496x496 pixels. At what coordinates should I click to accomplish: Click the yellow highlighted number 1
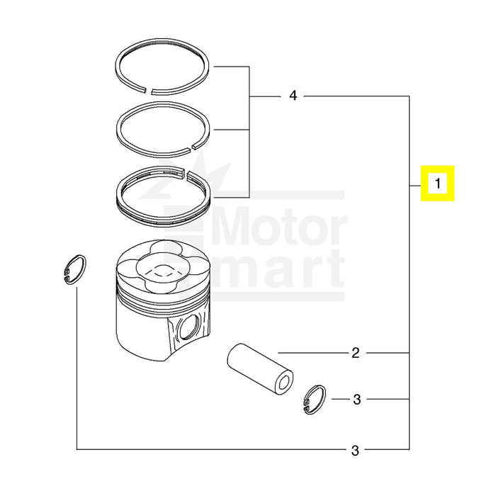(x=438, y=184)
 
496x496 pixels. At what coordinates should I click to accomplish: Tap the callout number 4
(x=293, y=96)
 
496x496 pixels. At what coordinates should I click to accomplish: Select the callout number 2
(x=356, y=352)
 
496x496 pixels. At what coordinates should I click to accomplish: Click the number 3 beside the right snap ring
(x=356, y=400)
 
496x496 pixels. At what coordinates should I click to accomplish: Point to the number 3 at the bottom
(x=356, y=450)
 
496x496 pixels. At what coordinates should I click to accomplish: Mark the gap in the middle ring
(x=193, y=147)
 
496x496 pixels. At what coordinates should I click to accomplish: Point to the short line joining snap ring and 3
(x=338, y=400)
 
